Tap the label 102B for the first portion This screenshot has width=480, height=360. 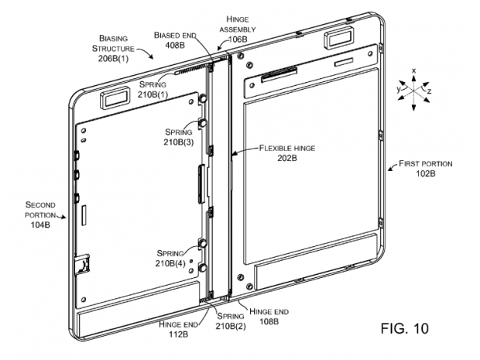pyautogui.click(x=426, y=175)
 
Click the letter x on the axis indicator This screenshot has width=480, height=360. pyautogui.click(x=413, y=71)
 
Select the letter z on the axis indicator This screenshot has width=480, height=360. pyautogui.click(x=430, y=90)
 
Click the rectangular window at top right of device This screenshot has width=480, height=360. pyautogui.click(x=338, y=36)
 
